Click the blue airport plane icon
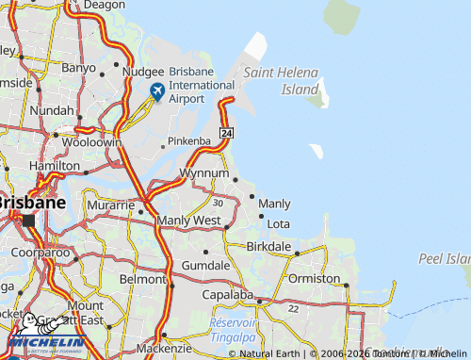157,91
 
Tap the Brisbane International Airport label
200,85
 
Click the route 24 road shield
226,134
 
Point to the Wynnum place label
204,173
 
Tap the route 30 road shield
218,202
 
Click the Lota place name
278,223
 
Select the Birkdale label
270,246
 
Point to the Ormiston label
315,278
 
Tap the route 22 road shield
294,308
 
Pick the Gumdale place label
205,266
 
